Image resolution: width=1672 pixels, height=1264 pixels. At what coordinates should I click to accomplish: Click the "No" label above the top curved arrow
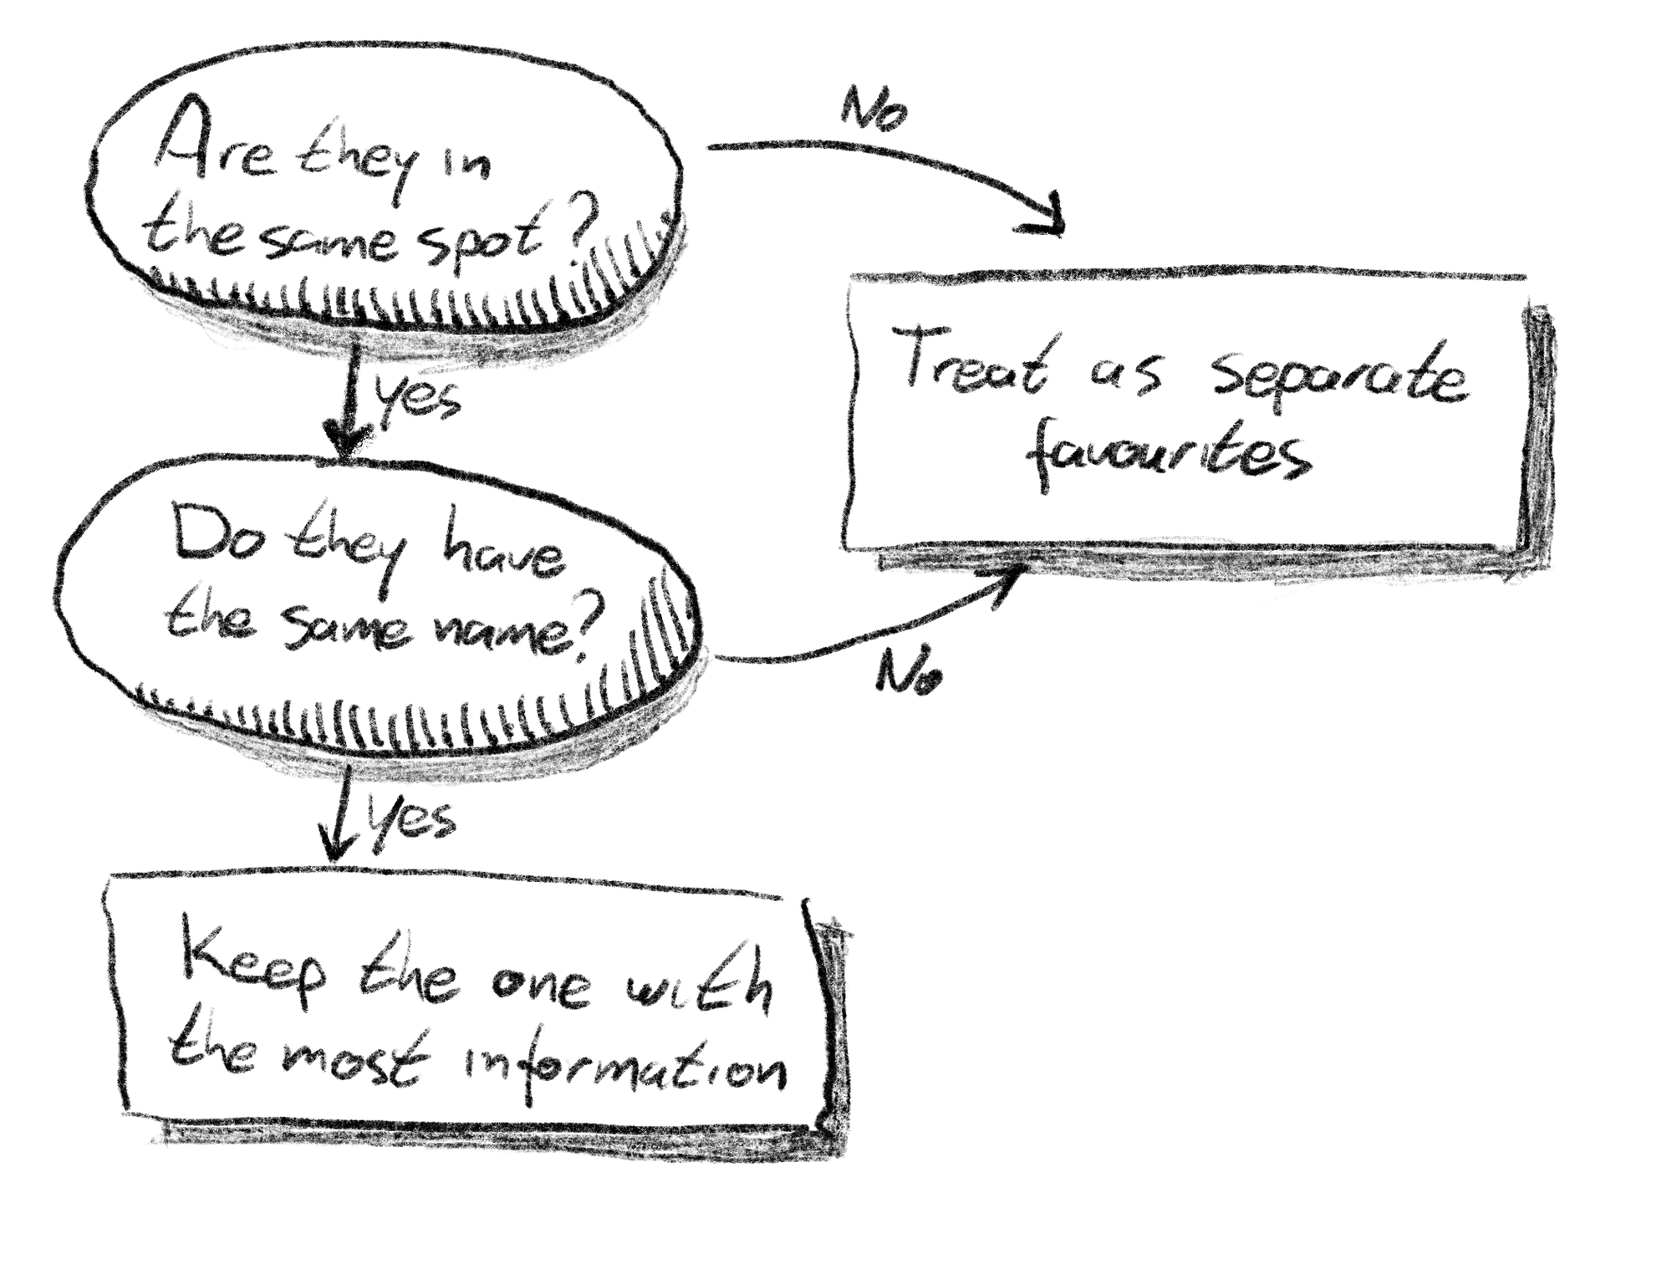[874, 109]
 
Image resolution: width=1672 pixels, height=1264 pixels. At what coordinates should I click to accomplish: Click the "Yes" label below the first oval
[419, 397]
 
